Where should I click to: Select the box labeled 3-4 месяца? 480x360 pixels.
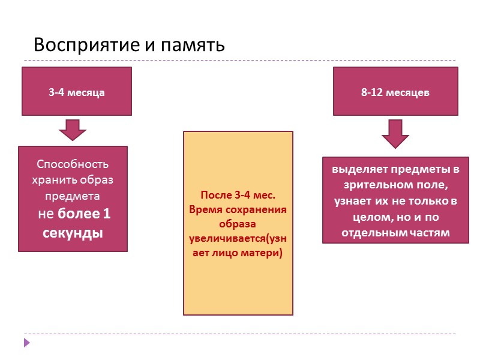[x=77, y=92]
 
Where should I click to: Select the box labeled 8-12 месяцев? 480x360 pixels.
[x=395, y=92]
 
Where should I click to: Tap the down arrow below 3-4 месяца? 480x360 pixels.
[x=73, y=130]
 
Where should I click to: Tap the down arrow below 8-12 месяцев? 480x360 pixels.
[x=395, y=133]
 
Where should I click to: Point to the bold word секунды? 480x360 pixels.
[x=73, y=232]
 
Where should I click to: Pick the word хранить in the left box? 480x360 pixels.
[x=53, y=181]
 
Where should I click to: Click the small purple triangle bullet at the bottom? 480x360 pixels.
[x=26, y=342]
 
